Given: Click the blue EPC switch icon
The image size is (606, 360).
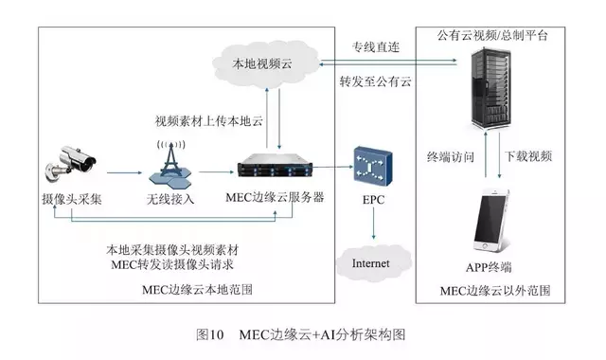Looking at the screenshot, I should pyautogui.click(x=372, y=168).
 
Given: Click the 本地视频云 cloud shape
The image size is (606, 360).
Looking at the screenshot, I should pyautogui.click(x=264, y=65).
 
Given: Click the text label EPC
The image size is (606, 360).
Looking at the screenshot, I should pyautogui.click(x=372, y=202).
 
